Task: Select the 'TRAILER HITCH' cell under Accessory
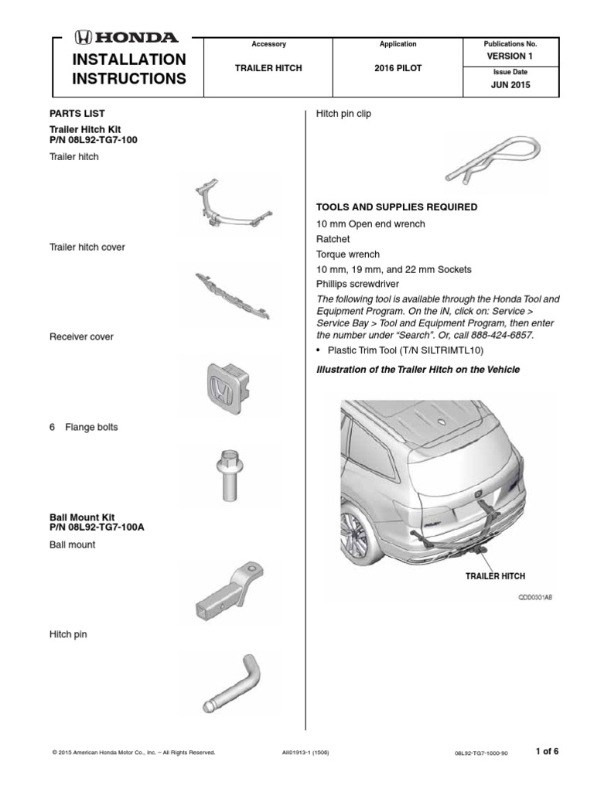click(268, 68)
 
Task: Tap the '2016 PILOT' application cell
click(398, 68)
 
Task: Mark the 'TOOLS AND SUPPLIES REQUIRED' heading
click(397, 207)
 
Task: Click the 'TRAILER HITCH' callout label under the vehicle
click(494, 577)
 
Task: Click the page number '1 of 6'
click(546, 751)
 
